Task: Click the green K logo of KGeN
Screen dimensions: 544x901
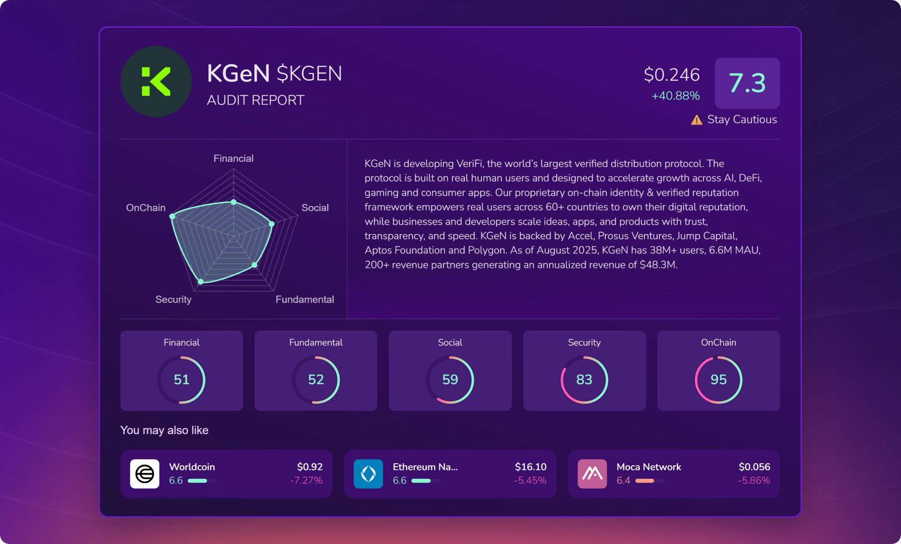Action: coord(156,82)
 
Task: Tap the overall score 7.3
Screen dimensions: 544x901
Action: coord(747,83)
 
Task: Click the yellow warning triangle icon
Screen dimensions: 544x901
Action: coord(696,120)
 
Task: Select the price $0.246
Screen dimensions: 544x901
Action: coord(672,75)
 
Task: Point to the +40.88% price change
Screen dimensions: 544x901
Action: coord(675,96)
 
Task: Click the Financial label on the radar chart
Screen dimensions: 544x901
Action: coord(233,159)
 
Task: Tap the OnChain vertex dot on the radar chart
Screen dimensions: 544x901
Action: coord(172,216)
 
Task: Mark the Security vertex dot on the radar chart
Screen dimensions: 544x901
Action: coord(201,281)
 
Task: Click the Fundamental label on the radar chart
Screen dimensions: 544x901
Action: coord(305,299)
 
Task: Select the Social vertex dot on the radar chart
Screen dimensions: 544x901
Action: coord(271,224)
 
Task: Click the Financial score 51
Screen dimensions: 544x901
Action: coord(182,379)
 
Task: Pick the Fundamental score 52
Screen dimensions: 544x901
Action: coord(316,379)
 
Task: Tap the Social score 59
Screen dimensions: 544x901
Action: coord(450,379)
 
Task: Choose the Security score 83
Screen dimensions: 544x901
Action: coord(584,379)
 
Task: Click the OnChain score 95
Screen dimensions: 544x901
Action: coord(718,379)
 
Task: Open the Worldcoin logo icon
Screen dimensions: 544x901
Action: coord(145,474)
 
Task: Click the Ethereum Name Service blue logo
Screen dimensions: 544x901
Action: coord(368,474)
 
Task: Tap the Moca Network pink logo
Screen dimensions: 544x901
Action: coord(592,474)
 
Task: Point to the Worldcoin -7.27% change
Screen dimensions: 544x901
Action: coord(306,480)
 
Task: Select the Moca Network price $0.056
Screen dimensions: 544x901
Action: coord(754,467)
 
